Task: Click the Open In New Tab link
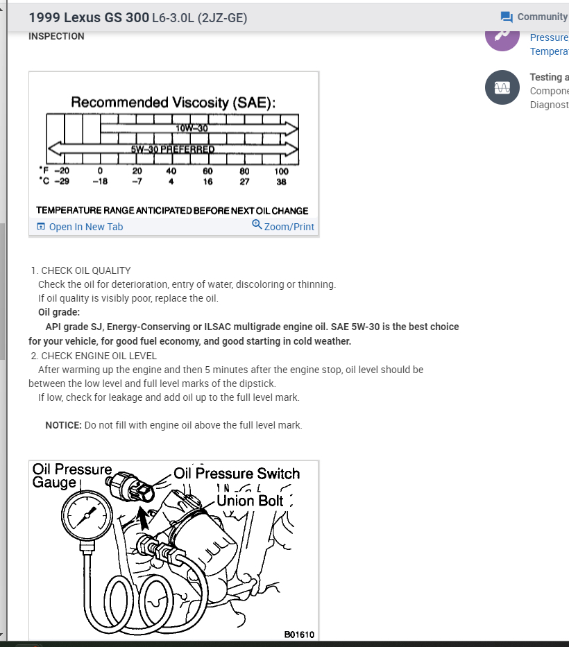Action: [x=80, y=227]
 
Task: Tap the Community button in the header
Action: [x=534, y=17]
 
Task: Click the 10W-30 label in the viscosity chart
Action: [x=187, y=128]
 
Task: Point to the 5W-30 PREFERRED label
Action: [x=173, y=148]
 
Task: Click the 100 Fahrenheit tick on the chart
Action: [x=280, y=171]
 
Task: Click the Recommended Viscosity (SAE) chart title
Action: [x=173, y=103]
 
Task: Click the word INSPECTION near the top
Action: [x=56, y=36]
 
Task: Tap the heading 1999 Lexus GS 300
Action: [x=88, y=17]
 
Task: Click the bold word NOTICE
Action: [x=63, y=425]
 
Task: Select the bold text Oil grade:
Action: [x=58, y=311]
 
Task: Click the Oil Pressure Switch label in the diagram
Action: [x=237, y=474]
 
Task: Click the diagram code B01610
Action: [x=299, y=634]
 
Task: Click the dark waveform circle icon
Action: [x=502, y=88]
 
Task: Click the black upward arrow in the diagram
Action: [x=144, y=517]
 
